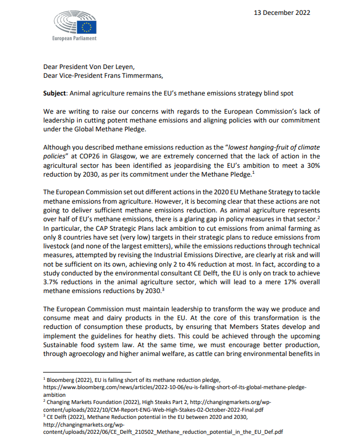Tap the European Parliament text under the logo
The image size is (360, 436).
pos(73,39)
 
